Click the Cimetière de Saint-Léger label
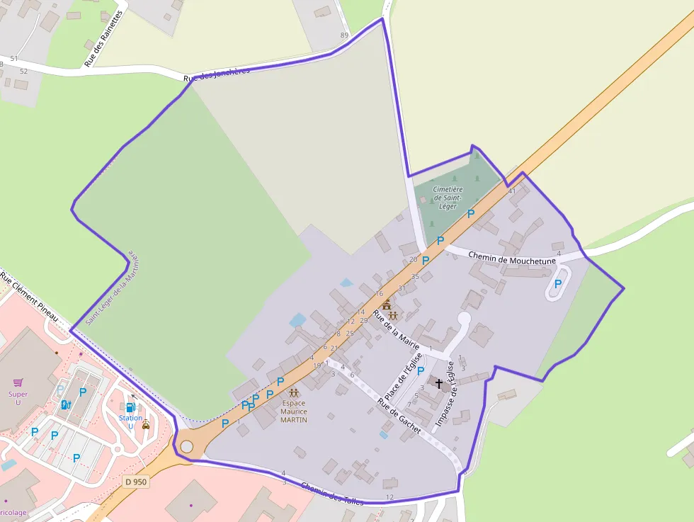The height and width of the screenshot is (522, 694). click(448, 198)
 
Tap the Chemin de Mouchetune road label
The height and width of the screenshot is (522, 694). click(512, 259)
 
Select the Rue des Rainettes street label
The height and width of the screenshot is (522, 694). click(104, 39)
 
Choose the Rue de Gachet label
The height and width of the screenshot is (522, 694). click(399, 416)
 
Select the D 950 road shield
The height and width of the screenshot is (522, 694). click(135, 482)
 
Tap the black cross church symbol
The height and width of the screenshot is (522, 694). click(438, 384)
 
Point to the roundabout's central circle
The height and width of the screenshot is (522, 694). click(186, 447)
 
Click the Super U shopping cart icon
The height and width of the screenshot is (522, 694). click(18, 382)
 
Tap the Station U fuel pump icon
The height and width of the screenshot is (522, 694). click(130, 407)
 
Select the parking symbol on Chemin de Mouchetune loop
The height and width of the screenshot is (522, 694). click(558, 284)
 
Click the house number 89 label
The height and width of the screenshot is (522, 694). click(345, 35)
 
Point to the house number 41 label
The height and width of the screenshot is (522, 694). click(511, 191)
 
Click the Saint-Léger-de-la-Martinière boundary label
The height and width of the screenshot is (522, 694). click(113, 287)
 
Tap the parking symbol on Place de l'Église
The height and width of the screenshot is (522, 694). click(421, 370)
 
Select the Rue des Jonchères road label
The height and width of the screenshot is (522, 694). click(216, 75)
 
